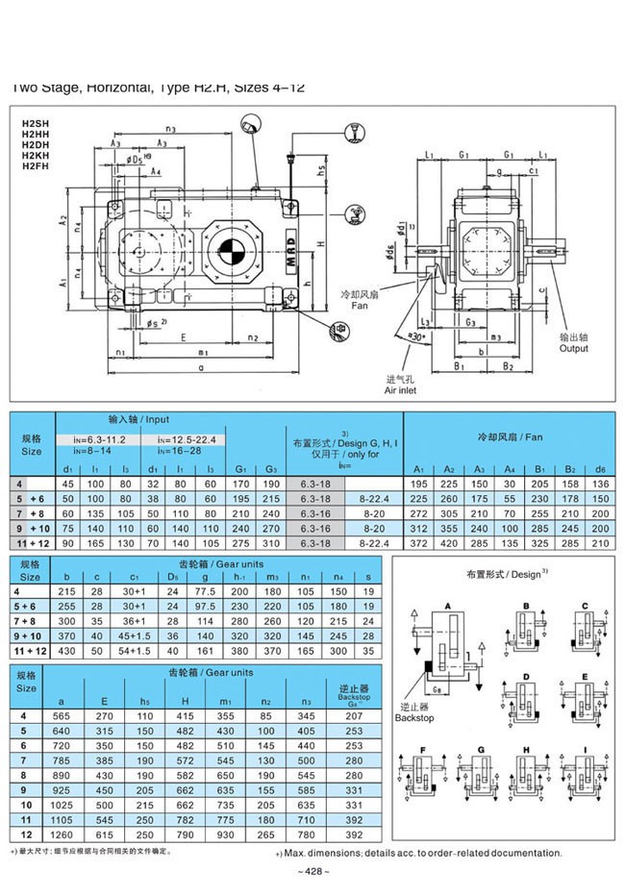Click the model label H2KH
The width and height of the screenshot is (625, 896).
[x=36, y=157]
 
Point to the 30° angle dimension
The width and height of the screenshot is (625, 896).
[x=415, y=338]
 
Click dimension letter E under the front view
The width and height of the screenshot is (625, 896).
[x=182, y=337]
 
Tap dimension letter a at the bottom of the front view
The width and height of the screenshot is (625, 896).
[x=200, y=367]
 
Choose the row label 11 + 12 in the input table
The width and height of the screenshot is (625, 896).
[x=32, y=545]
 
